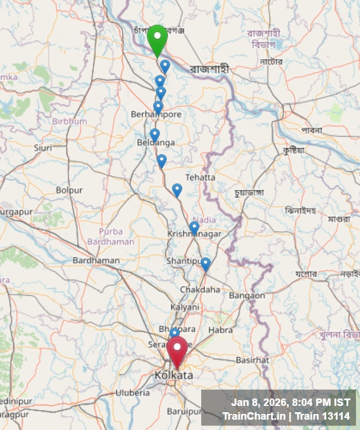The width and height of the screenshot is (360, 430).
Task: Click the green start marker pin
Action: pos(157,38)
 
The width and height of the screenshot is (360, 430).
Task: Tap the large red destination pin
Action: pos(177,350)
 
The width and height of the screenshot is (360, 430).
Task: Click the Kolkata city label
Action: pos(173,375)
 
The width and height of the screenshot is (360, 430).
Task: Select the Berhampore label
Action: pos(156,114)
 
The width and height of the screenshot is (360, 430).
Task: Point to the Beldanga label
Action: pos(156,142)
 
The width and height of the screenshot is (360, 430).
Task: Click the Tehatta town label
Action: pos(201,177)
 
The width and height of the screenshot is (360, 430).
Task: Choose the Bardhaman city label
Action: pos(96,260)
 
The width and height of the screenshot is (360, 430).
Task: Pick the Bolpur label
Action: pos(69,190)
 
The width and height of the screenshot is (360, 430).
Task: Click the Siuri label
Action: pos(43,148)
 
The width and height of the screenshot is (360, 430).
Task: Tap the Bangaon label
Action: pos(247,295)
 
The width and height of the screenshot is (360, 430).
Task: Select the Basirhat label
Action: pos(252,360)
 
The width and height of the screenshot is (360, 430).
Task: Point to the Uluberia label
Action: pos(132,393)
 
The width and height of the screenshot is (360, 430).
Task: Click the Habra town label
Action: pos(221,330)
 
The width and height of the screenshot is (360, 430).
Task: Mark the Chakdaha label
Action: pos(200,290)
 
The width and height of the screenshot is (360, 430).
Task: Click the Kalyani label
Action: pos(185,307)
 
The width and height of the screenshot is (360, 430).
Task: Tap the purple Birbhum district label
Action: pos(69,121)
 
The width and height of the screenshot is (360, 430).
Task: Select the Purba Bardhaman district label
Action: pos(111,237)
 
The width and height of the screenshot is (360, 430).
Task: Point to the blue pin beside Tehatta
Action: pos(177,189)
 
